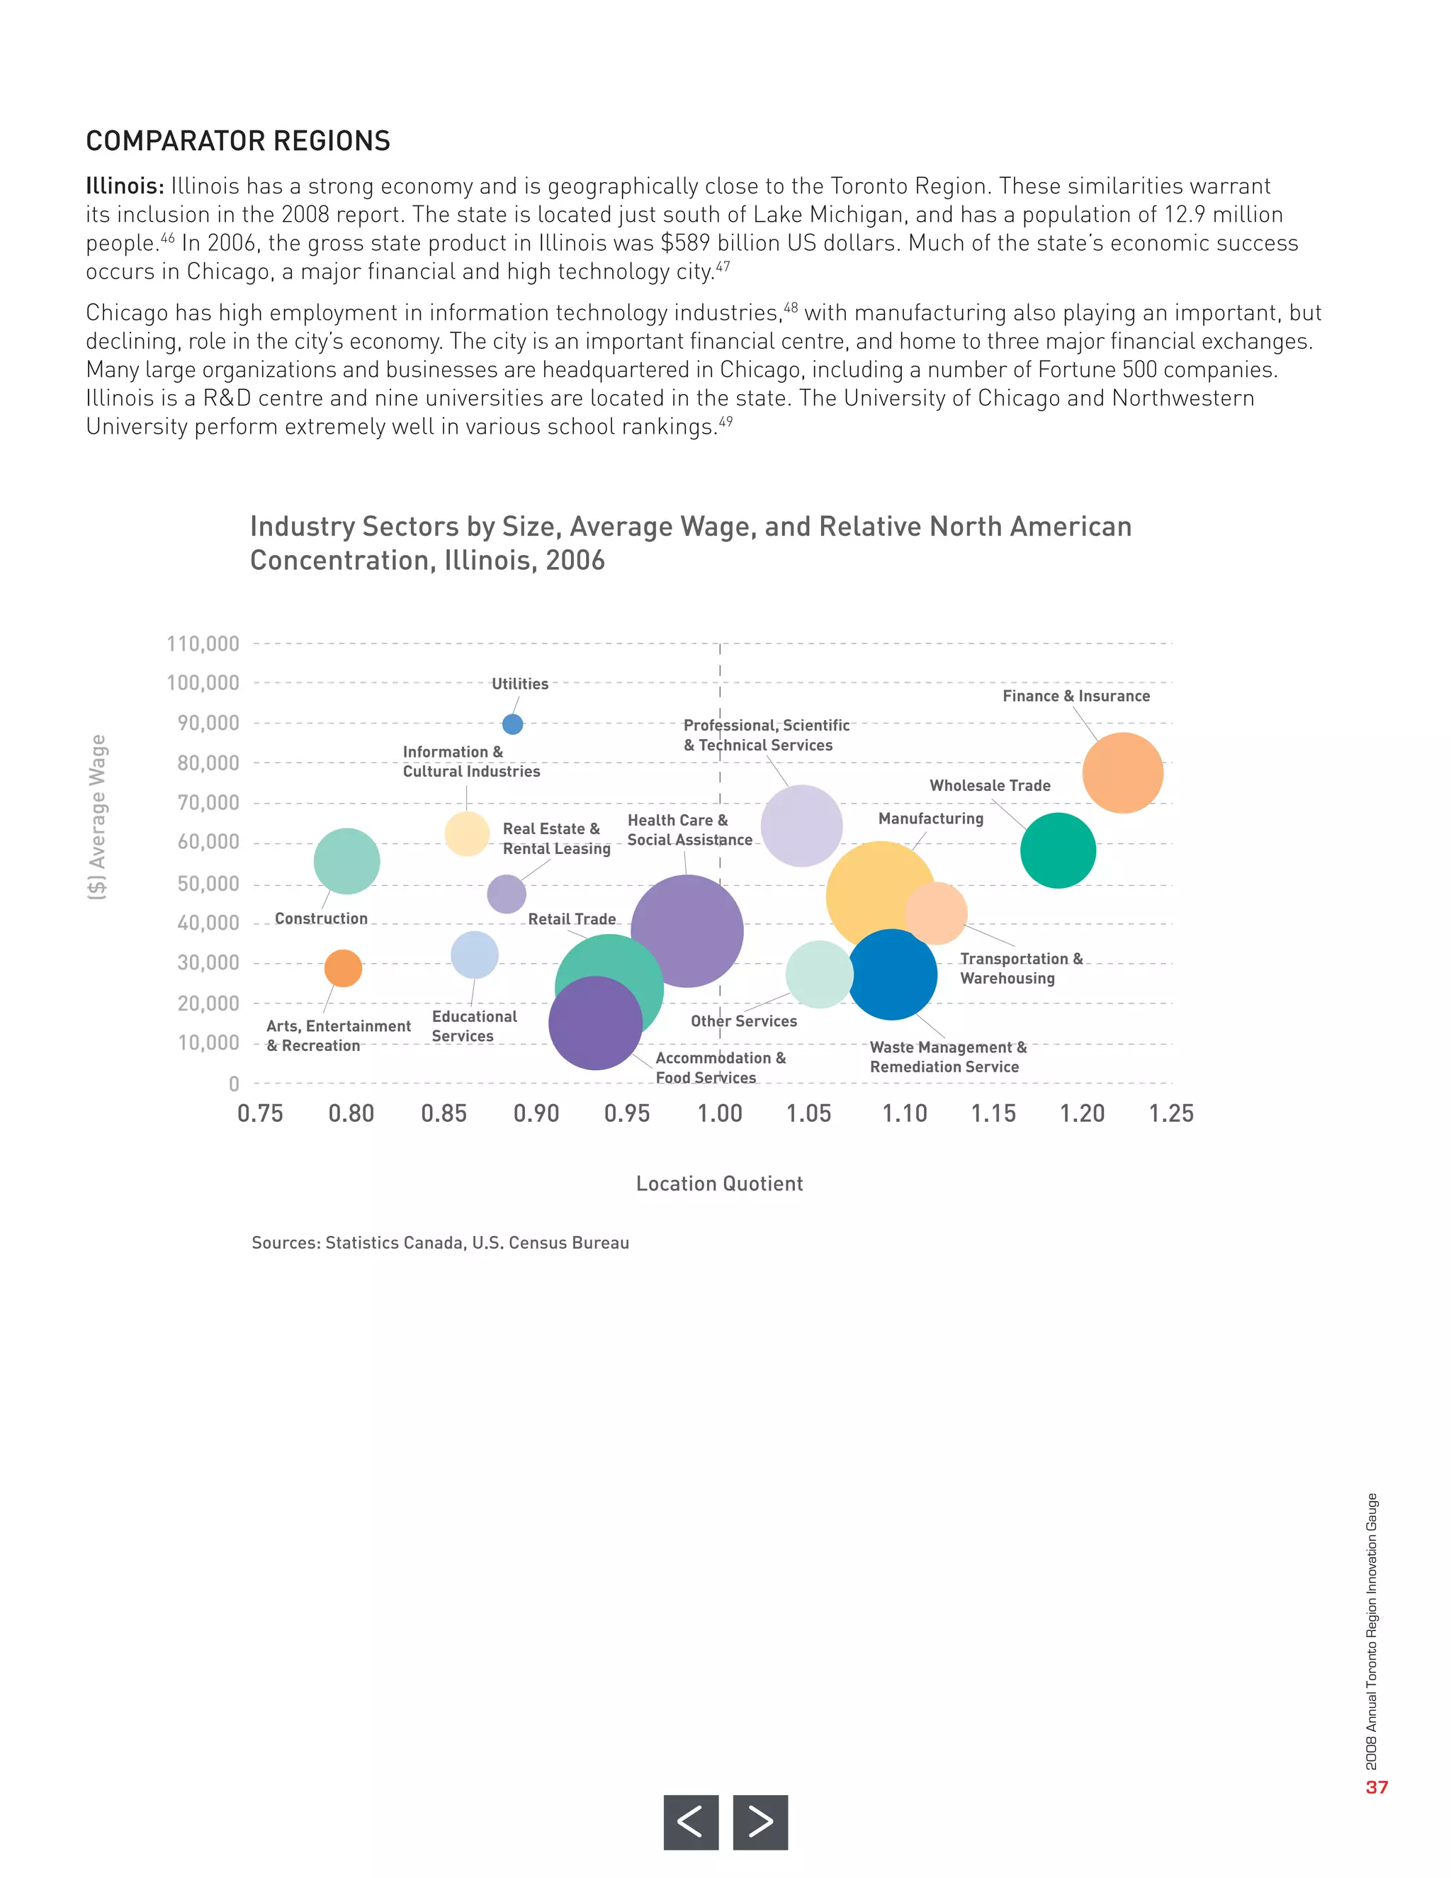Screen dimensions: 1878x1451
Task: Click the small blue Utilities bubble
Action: click(512, 724)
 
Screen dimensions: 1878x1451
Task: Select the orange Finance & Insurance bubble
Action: click(1123, 773)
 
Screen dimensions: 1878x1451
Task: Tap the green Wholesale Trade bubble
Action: click(1058, 850)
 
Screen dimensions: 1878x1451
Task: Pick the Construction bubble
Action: click(346, 861)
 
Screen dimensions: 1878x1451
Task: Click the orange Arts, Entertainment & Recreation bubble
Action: click(343, 968)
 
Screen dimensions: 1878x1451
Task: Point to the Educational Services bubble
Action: click(475, 955)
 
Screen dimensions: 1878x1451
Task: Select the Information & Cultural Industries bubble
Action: click(467, 833)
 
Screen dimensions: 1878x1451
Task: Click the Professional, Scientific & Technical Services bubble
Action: click(801, 826)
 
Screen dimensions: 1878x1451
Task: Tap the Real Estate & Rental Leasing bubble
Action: click(507, 894)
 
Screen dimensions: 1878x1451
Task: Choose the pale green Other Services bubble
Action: click(818, 974)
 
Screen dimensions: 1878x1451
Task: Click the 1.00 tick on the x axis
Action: click(720, 1113)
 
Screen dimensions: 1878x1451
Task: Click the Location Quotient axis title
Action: click(720, 1184)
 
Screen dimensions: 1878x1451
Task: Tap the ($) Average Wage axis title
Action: click(98, 817)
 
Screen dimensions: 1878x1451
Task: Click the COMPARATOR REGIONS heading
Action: click(238, 141)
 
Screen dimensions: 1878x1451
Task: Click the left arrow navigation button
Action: click(690, 1821)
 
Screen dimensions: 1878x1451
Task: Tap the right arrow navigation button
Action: click(760, 1821)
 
